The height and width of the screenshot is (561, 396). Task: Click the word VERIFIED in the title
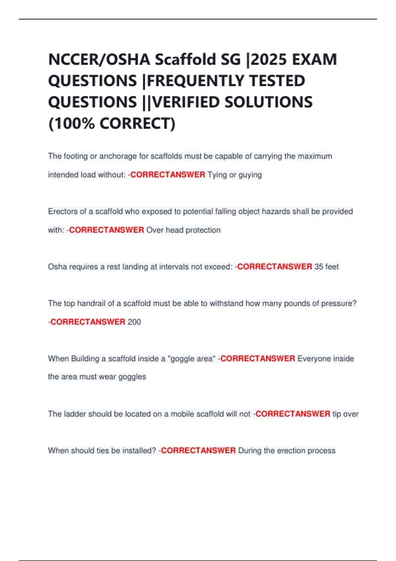pyautogui.click(x=186, y=102)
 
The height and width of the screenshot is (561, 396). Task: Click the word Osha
pyautogui.click(x=57, y=267)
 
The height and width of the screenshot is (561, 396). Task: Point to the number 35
pyautogui.click(x=319, y=267)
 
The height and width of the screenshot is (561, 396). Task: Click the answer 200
pyautogui.click(x=134, y=322)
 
